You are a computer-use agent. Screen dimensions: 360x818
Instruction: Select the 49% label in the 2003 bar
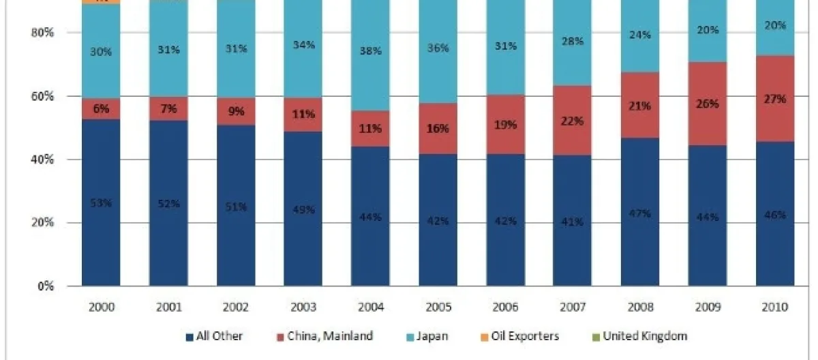303,209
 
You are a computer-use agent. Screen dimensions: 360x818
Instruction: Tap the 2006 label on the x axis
505,307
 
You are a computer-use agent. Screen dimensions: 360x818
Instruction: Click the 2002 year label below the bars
235,307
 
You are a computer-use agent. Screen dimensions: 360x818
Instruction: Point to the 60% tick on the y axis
42,96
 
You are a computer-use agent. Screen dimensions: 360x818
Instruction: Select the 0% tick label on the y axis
46,286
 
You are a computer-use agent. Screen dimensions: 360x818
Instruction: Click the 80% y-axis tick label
42,33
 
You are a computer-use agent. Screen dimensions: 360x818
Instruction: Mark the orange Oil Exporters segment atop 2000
101,2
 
